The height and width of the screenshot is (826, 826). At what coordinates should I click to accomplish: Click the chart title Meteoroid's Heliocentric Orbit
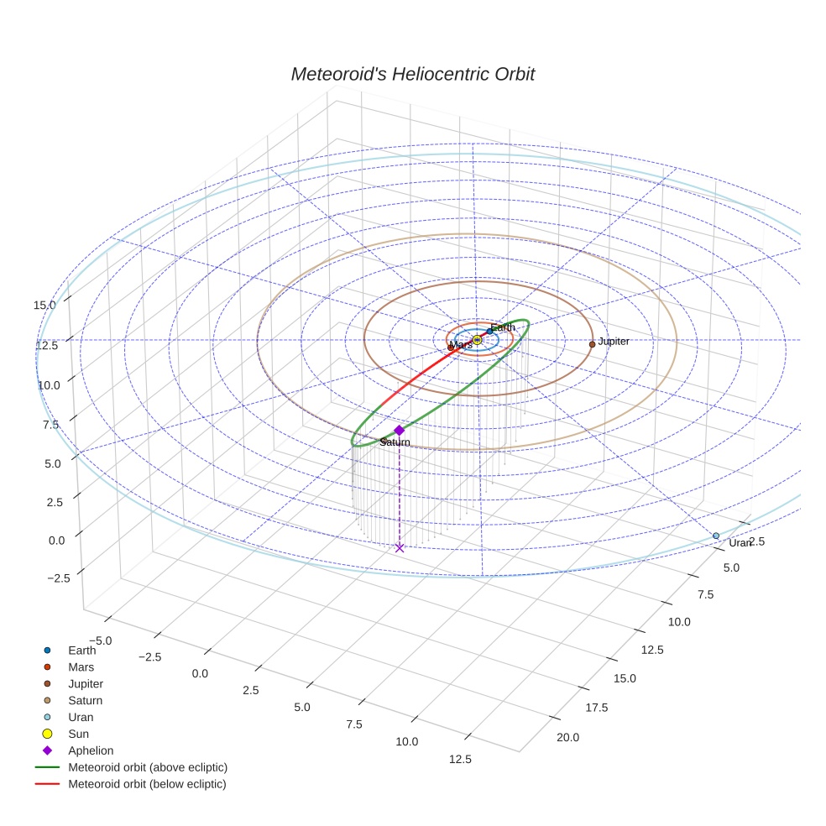pyautogui.click(x=412, y=74)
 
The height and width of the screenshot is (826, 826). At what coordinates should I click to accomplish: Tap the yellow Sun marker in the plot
pyautogui.click(x=477, y=339)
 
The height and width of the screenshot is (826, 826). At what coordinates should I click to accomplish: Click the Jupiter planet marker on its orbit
pyautogui.click(x=592, y=344)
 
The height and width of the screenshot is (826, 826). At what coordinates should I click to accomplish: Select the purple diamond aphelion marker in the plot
pyautogui.click(x=399, y=430)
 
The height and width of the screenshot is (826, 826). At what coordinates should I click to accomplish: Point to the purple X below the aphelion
pyautogui.click(x=400, y=548)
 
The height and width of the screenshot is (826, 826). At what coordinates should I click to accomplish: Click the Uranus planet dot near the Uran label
pyautogui.click(x=716, y=536)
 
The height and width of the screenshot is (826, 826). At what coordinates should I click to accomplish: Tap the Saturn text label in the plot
pyautogui.click(x=395, y=442)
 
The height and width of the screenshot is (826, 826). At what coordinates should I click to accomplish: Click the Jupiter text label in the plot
pyautogui.click(x=614, y=342)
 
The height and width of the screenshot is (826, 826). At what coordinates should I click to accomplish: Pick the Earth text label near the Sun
pyautogui.click(x=503, y=327)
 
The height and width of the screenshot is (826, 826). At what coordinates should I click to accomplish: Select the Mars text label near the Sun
pyautogui.click(x=461, y=345)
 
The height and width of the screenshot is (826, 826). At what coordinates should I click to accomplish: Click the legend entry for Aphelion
pyautogui.click(x=91, y=750)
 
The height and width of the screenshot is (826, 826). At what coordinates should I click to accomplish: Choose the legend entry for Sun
pyautogui.click(x=78, y=734)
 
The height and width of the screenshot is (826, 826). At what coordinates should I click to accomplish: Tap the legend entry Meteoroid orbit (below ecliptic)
pyautogui.click(x=148, y=784)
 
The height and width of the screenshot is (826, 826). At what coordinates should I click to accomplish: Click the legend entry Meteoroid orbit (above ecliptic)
pyautogui.click(x=148, y=767)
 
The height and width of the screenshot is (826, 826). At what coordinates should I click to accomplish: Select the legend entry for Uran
pyautogui.click(x=81, y=717)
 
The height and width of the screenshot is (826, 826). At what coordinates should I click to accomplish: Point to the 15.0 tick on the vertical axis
pyautogui.click(x=44, y=305)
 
